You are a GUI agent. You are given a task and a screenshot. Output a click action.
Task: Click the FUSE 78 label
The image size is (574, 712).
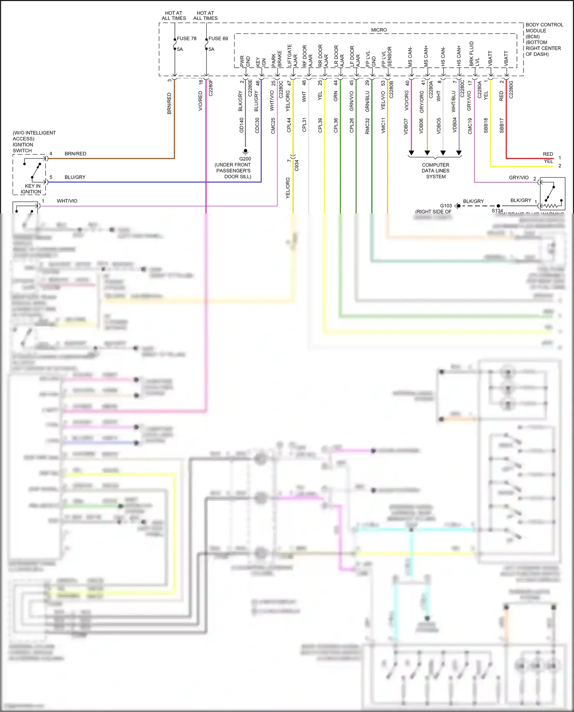tap(186, 39)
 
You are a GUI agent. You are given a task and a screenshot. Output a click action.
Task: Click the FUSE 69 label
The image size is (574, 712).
tap(218, 39)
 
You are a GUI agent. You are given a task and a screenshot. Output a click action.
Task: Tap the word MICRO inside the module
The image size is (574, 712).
tap(379, 30)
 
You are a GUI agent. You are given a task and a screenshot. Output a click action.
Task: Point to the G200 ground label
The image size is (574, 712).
tap(245, 159)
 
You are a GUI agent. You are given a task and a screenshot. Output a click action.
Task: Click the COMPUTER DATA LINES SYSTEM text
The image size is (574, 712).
tap(435, 171)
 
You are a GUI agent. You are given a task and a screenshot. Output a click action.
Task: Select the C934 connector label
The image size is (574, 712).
tap(297, 165)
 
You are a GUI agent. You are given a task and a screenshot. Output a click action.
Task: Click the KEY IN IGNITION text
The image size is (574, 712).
tap(31, 189)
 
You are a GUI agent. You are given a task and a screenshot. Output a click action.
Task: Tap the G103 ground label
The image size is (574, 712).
tap(446, 205)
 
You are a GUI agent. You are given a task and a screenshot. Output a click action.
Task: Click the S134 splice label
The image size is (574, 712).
tap(497, 211)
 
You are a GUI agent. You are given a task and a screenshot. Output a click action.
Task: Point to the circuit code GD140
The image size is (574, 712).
tap(241, 125)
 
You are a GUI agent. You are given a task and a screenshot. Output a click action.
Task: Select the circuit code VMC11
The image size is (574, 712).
tap(383, 125)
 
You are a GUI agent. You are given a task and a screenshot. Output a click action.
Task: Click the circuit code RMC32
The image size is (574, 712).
tap(367, 126)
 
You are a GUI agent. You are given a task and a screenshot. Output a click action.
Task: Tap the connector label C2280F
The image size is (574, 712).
tap(210, 88)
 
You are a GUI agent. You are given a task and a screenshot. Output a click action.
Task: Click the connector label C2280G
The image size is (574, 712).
tap(511, 90)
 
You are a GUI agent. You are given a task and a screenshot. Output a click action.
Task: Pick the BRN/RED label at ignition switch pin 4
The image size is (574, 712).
tap(75, 154)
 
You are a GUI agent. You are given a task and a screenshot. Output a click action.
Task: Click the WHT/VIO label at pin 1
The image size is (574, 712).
tap(67, 201)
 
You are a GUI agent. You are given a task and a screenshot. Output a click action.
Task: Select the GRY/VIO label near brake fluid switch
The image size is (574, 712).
tap(519, 178)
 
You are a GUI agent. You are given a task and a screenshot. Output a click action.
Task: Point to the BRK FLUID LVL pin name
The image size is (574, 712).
tap(474, 54)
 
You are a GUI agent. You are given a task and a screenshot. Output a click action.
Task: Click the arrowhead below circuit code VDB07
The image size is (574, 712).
tap(411, 153)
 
